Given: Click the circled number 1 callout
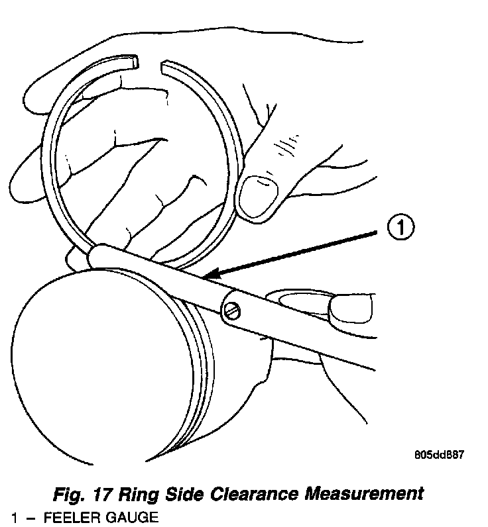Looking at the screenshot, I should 400,229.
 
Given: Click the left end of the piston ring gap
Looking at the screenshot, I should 135,62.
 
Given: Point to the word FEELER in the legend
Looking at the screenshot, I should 69,517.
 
